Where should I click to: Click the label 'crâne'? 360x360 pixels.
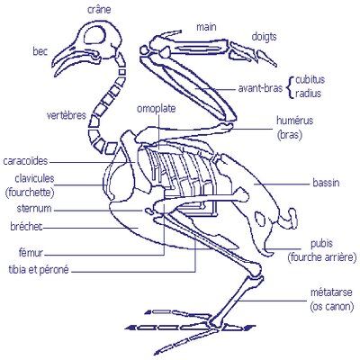(x=99, y=10)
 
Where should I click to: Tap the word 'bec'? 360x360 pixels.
(x=40, y=51)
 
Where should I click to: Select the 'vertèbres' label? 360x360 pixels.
(x=67, y=115)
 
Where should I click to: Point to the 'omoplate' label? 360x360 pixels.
(x=157, y=109)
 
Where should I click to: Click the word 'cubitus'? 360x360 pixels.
(x=310, y=80)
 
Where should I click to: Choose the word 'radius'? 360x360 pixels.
(x=308, y=94)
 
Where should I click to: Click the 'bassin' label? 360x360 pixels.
(x=326, y=183)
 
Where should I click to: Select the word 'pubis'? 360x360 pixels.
(x=321, y=244)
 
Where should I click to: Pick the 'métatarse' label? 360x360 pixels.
(x=331, y=292)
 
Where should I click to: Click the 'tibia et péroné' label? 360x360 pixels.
(x=39, y=270)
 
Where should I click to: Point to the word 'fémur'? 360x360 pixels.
(x=31, y=253)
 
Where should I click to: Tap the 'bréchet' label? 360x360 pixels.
(x=26, y=227)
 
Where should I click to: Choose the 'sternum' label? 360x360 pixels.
(x=34, y=209)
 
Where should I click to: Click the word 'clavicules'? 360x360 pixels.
(x=34, y=178)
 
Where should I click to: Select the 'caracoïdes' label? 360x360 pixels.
(x=25, y=161)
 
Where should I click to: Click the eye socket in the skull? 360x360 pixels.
(x=94, y=35)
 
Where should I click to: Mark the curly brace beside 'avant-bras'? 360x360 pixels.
(x=290, y=86)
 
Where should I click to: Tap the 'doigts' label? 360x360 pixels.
(x=264, y=37)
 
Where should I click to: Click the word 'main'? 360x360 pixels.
(x=206, y=27)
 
